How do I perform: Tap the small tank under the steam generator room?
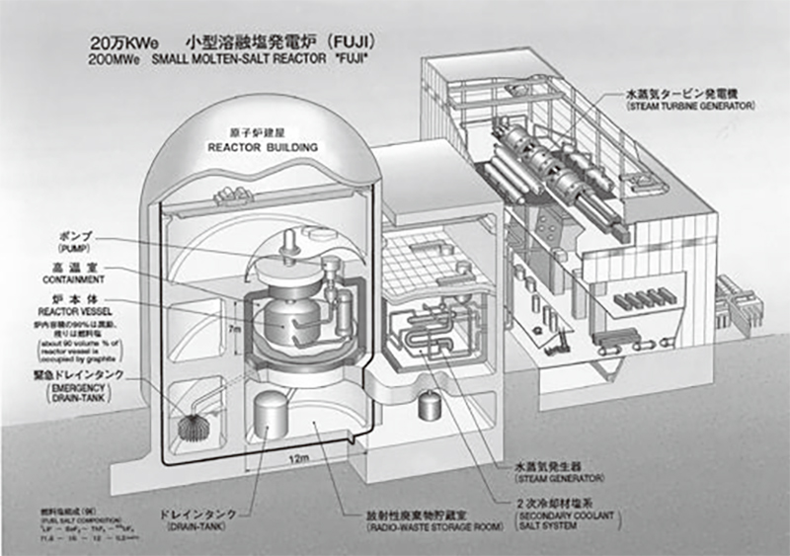[429, 404]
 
